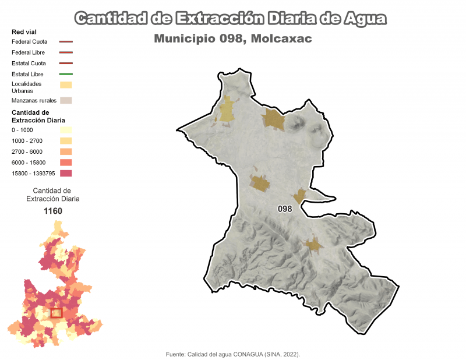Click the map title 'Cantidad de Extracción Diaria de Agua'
click(x=231, y=19)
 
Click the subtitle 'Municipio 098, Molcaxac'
click(x=233, y=38)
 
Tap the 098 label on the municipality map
click(x=285, y=209)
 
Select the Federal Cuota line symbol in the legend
click(x=65, y=42)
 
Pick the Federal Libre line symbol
click(x=65, y=52)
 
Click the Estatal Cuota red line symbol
click(x=65, y=63)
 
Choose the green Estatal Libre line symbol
click(x=65, y=74)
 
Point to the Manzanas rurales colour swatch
click(x=65, y=100)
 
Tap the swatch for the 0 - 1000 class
click(x=65, y=130)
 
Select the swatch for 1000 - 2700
click(x=65, y=141)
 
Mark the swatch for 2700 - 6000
click(x=65, y=151)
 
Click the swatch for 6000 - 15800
click(x=65, y=163)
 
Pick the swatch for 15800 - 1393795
click(x=65, y=173)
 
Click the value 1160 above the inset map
click(x=53, y=211)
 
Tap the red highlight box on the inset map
click(x=57, y=313)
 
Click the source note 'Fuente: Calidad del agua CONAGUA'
click(x=233, y=354)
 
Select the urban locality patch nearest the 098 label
click(x=299, y=196)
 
